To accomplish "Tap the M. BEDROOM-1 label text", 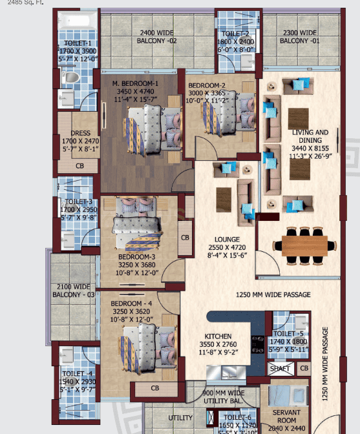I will (x=135, y=84).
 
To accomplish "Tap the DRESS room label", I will (x=81, y=134).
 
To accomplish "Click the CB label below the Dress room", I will (x=79, y=165).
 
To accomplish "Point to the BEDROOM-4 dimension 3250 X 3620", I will (x=131, y=311).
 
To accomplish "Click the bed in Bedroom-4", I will (x=146, y=342).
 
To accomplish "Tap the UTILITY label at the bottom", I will (x=180, y=418).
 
